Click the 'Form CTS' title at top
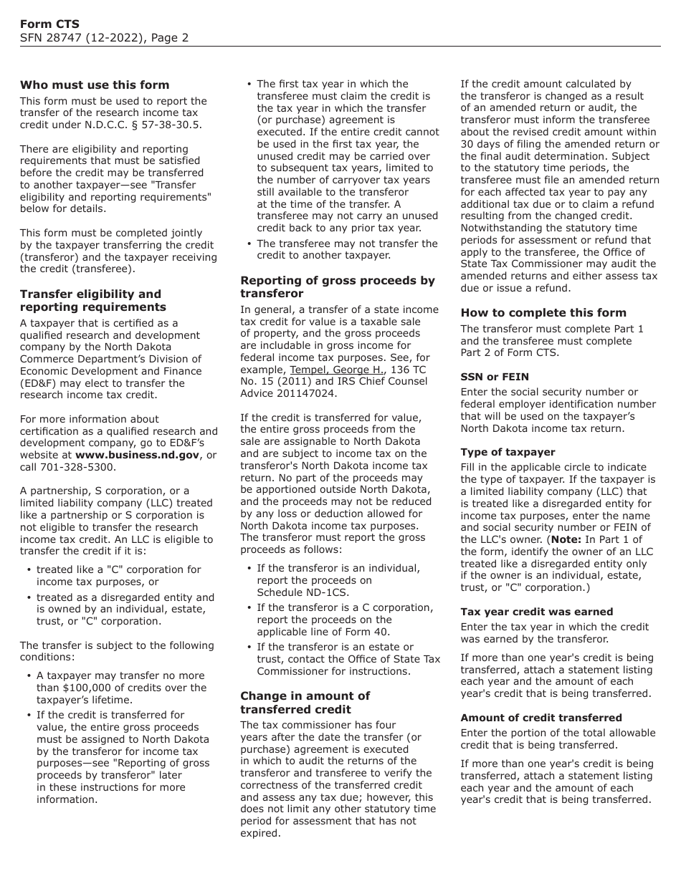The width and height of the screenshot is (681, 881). pos(49,24)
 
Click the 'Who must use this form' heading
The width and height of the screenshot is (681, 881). pos(95,85)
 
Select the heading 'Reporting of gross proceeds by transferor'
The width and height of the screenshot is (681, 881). pos(337,287)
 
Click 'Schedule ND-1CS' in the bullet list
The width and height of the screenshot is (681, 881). pos(297,592)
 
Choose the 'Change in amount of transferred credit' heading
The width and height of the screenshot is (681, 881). pos(305,702)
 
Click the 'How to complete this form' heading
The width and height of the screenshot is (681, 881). pos(543,312)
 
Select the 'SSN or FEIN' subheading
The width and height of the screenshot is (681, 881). pos(495,377)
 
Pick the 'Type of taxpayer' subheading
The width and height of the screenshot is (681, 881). pos(508,452)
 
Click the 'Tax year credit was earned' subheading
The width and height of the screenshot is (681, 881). pos(536,612)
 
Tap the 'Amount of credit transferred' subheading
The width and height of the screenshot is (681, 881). pos(540,718)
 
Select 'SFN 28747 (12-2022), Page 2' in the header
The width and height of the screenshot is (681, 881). pos(104,38)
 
